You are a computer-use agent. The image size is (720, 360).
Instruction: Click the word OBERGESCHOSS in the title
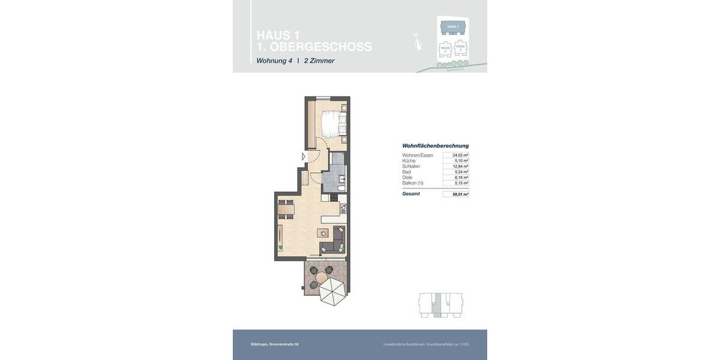[320, 47]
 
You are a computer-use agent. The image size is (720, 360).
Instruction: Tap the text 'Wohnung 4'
[274, 61]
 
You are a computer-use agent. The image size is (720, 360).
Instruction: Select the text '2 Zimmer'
[319, 61]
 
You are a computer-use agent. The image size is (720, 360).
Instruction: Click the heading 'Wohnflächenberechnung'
[436, 146]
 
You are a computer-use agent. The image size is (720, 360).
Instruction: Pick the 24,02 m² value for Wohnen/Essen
[460, 155]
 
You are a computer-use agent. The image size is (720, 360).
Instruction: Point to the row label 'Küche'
[409, 161]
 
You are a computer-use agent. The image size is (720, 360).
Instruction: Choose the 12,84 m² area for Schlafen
[460, 166]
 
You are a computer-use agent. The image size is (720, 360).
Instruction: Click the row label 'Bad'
[407, 172]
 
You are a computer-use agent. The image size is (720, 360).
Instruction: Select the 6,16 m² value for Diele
[461, 178]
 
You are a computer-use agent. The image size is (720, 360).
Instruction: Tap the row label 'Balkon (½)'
[413, 183]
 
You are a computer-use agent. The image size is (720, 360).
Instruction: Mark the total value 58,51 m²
[460, 194]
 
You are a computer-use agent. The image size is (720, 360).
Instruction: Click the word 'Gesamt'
[411, 194]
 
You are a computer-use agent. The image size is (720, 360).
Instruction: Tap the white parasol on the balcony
[332, 291]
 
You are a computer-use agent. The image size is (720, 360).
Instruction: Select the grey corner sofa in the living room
[335, 241]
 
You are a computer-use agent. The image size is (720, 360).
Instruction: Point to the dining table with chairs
[286, 209]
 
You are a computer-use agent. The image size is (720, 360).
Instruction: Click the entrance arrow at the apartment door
[304, 157]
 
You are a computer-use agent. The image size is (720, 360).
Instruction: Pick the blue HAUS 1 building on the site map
[453, 27]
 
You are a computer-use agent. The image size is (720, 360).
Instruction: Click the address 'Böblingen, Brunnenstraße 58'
[274, 344]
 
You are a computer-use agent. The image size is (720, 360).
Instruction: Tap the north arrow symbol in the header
[418, 41]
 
